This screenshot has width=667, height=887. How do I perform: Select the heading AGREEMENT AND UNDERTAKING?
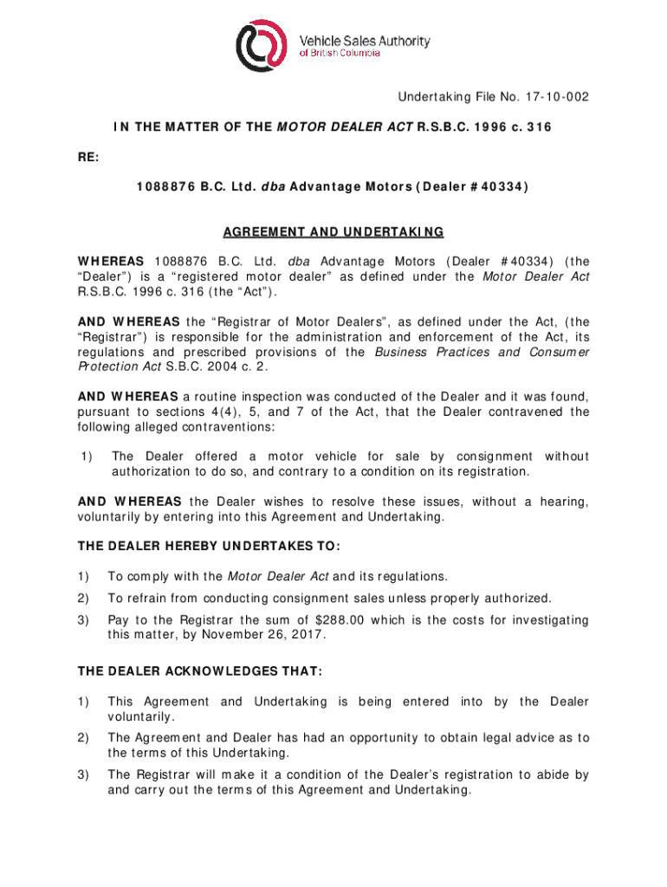pos(333,232)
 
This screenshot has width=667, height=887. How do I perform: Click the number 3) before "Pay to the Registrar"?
pos(83,619)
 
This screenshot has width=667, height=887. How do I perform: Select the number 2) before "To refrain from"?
pos(83,598)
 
